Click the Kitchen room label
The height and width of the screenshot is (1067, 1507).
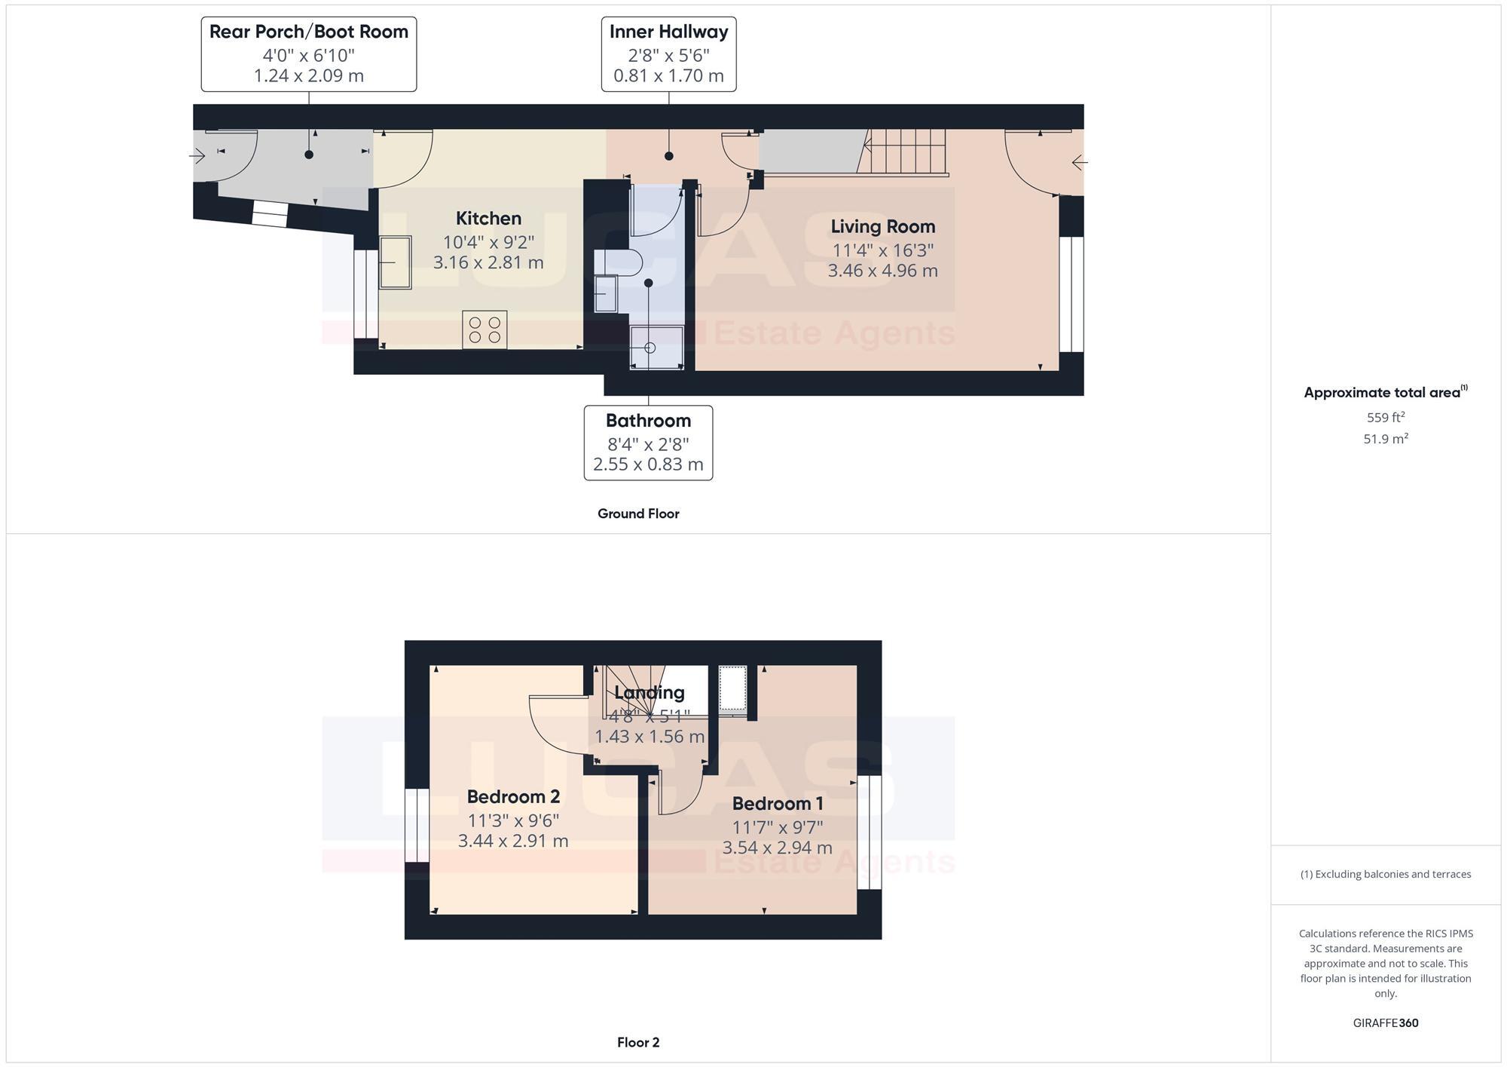488,219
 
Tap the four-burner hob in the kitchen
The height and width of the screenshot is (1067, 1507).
485,330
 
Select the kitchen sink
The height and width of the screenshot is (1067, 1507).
395,262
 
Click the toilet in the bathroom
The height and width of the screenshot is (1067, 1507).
619,262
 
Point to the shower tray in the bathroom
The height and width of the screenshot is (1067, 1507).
656,348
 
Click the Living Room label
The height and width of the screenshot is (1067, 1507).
882,227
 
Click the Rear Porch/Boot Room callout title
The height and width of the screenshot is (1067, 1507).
308,32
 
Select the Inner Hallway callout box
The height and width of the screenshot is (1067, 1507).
668,54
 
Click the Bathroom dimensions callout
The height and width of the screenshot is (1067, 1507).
648,443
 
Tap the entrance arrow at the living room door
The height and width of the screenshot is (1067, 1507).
1079,162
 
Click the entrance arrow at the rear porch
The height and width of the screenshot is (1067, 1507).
197,156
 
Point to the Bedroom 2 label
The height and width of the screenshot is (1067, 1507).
513,797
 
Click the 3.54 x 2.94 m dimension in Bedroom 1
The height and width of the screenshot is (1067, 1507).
777,848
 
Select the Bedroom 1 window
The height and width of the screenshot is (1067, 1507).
869,832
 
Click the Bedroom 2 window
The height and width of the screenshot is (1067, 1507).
417,826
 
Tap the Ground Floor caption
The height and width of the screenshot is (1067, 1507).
638,514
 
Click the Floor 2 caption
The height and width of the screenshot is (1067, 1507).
638,1042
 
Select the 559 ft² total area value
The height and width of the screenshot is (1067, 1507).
1385,417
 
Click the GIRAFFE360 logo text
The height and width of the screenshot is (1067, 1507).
1385,1023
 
